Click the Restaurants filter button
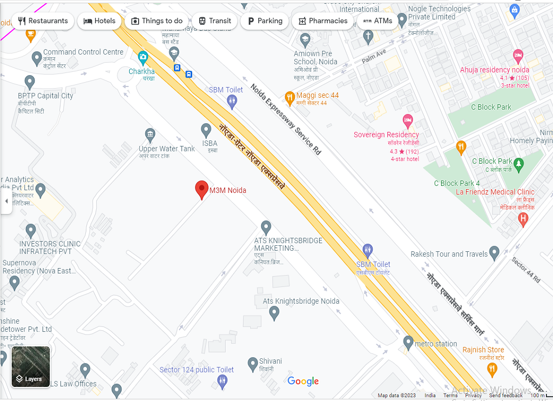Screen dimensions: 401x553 (x=43, y=21)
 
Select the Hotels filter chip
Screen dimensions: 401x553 (x=99, y=21)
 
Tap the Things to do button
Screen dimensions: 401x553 (x=157, y=21)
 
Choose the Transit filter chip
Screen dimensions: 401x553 (x=214, y=21)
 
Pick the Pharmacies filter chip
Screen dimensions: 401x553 (x=321, y=21)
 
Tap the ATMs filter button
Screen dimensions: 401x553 (x=377, y=21)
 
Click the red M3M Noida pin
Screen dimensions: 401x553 (x=201, y=189)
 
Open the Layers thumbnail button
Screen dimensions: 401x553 (x=31, y=367)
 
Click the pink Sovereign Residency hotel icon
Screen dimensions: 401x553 (x=408, y=121)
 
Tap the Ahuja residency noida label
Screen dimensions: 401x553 (x=494, y=70)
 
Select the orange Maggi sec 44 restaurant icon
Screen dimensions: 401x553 (x=289, y=98)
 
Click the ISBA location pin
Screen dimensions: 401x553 (x=206, y=130)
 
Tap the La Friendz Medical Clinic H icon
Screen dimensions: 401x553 (x=522, y=219)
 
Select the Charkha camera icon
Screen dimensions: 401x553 (x=143, y=57)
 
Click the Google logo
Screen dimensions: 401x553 (x=303, y=381)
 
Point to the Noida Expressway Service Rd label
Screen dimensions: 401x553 (x=286, y=120)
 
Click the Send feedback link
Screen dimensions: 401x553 (x=505, y=396)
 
